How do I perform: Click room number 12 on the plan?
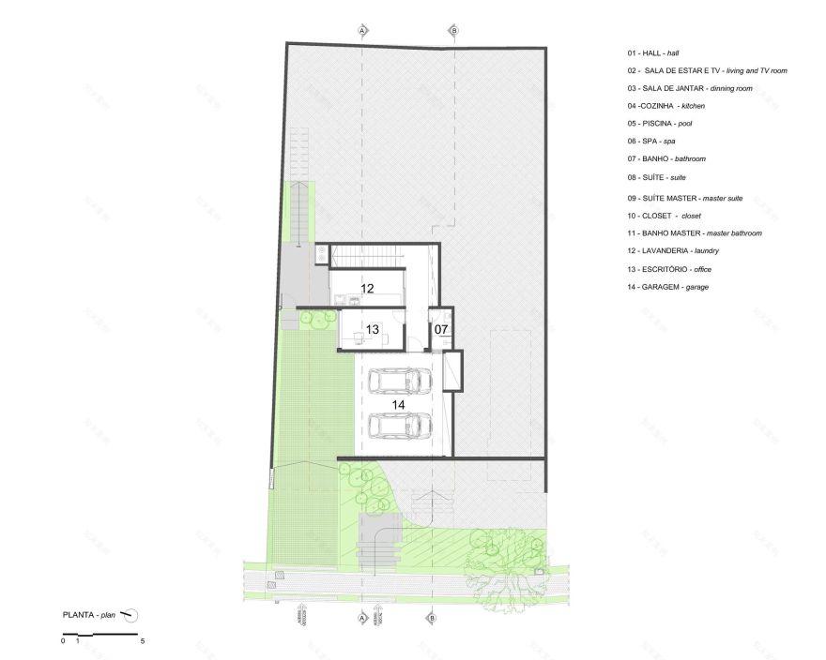point(367,289)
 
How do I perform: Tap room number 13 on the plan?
point(372,329)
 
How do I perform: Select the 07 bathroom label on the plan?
point(441,329)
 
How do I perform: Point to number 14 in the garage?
point(398,404)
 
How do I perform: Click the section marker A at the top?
point(362,31)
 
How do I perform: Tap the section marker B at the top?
point(454,31)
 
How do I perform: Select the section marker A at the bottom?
point(362,618)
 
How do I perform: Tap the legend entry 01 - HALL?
point(653,53)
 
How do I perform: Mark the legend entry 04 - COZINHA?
point(666,106)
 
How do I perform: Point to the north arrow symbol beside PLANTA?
point(131,615)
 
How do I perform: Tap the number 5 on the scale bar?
point(143,642)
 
